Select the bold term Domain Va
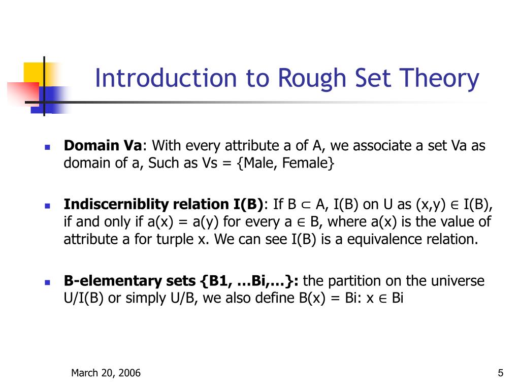[103, 146]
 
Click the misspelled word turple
[173, 239]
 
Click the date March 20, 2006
[106, 373]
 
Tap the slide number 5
[501, 373]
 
